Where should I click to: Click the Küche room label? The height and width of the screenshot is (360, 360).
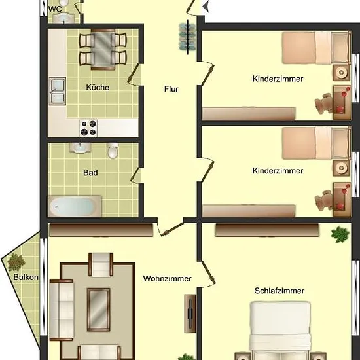point(98,88)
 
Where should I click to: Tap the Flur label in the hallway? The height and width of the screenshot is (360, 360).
point(171,89)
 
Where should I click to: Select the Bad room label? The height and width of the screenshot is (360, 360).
point(90,173)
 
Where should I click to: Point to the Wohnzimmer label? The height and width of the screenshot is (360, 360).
point(167,278)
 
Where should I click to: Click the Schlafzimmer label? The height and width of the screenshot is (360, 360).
point(279,291)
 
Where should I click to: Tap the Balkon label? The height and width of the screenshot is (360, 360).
point(26,277)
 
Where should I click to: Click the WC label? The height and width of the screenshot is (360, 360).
point(55,9)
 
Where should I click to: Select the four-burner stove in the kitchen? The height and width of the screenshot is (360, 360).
point(88,128)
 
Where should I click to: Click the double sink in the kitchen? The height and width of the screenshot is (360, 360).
point(57,91)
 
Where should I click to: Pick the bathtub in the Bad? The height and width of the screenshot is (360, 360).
point(75,206)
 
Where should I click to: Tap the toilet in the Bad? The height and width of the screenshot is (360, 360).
point(113,151)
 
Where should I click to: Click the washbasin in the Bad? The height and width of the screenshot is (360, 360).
point(80,148)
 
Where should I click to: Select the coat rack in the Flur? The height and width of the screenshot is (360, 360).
point(188,37)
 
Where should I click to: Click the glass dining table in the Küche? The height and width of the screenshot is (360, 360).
point(103,49)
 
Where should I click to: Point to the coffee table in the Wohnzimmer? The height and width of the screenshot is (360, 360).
point(98,310)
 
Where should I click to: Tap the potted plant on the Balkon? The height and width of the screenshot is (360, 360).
point(16,262)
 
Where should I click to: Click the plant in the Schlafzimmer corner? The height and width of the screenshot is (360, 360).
point(340,234)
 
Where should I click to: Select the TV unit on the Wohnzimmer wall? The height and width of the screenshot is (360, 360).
point(190,314)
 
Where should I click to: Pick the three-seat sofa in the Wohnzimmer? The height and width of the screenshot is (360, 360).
point(62,310)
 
